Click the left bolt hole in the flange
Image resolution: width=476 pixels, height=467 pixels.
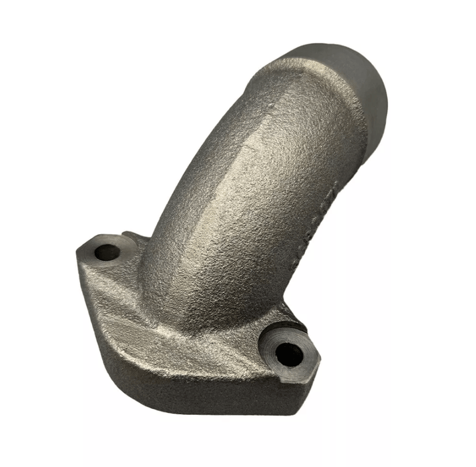pyautogui.click(x=106, y=252)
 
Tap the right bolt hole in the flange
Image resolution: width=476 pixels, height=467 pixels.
pyautogui.click(x=288, y=354)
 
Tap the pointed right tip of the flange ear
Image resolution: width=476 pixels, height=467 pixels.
pyautogui.click(x=318, y=364)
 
